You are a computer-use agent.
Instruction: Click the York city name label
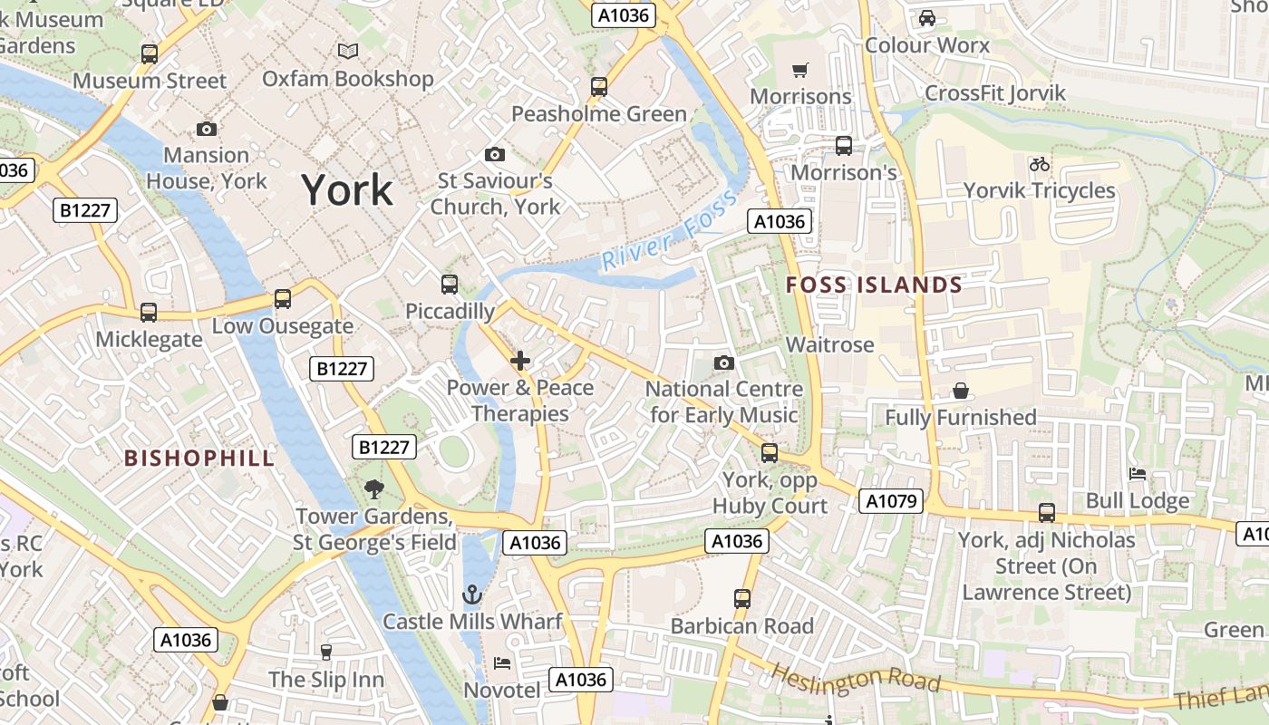click(347, 190)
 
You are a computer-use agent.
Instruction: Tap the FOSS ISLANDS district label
click(874, 285)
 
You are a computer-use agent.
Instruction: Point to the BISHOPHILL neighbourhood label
click(199, 458)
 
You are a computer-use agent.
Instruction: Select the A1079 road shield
click(893, 501)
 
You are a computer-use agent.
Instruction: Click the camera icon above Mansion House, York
click(207, 129)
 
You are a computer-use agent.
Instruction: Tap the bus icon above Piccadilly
click(450, 284)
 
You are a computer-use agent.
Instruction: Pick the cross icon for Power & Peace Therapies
click(520, 362)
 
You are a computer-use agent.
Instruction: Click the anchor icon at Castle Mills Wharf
click(471, 594)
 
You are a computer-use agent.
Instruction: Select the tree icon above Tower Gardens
click(373, 489)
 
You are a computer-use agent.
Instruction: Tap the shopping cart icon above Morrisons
click(800, 70)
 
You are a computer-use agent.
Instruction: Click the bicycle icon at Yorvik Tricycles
click(1040, 164)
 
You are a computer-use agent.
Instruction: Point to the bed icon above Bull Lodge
click(1138, 474)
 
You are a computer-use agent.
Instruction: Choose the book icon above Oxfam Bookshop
click(348, 52)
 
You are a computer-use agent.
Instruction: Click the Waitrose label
click(829, 344)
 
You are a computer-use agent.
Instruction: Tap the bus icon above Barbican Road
click(742, 598)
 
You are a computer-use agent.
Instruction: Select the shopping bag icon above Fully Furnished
click(961, 391)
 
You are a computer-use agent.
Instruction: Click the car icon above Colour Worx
click(927, 18)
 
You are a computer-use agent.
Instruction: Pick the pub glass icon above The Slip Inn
click(326, 652)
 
